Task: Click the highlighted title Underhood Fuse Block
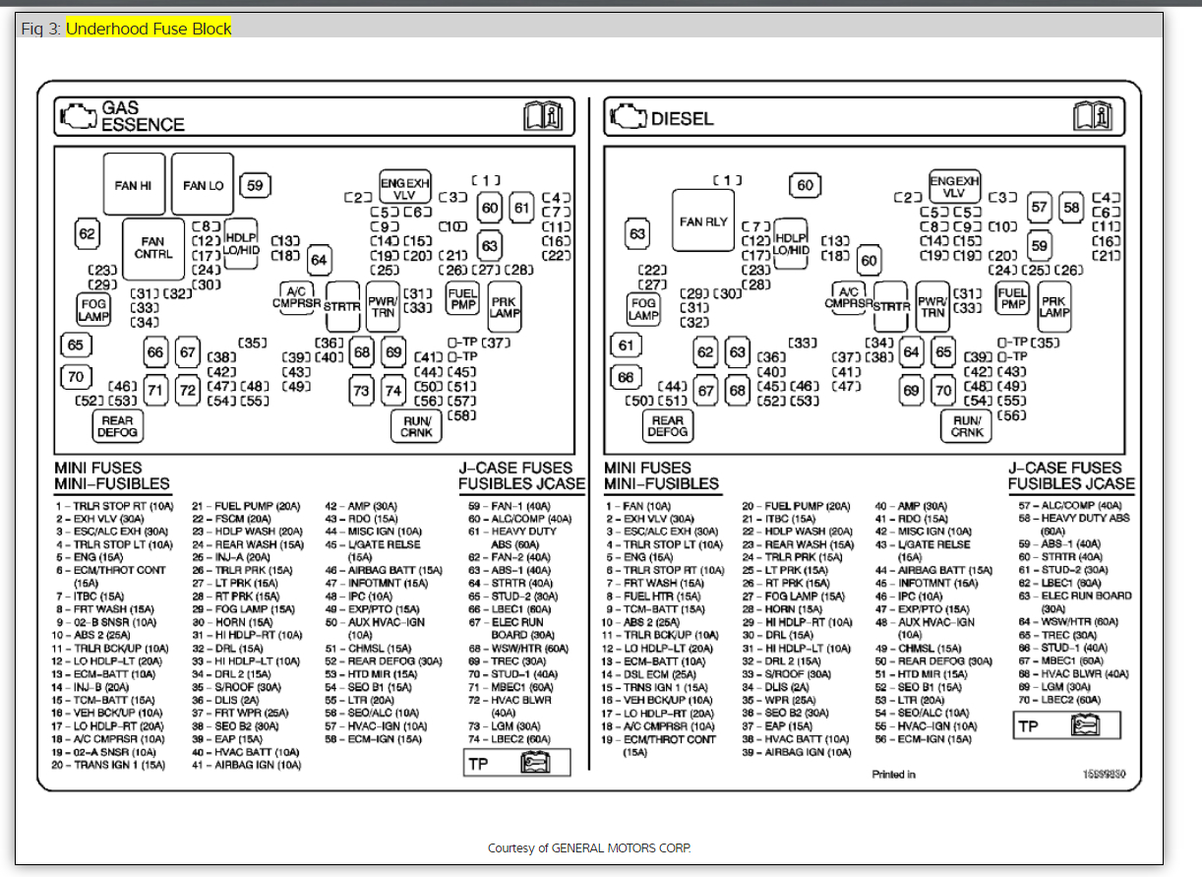click(149, 29)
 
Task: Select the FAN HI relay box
click(134, 185)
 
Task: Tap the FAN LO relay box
click(203, 185)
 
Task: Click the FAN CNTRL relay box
click(153, 247)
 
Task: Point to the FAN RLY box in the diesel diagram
click(703, 222)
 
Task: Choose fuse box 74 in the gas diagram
click(393, 391)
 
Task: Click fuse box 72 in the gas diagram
click(188, 391)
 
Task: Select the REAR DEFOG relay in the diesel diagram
click(668, 426)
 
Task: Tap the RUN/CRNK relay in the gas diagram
click(417, 426)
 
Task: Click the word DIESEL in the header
click(682, 119)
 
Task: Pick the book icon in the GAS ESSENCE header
click(542, 117)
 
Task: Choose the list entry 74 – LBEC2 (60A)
click(510, 739)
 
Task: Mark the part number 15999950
click(1105, 775)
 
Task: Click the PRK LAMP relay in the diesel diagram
click(1053, 307)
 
